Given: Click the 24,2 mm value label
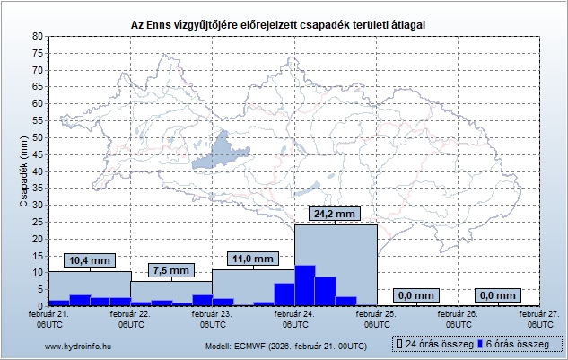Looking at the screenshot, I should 336,214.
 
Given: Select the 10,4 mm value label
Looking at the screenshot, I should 90,260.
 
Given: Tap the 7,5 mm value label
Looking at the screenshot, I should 170,270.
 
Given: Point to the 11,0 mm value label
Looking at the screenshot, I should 253,259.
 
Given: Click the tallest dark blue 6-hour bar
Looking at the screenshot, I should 305,285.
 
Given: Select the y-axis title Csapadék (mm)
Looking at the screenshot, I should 24,171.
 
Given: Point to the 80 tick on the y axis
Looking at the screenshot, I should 37,36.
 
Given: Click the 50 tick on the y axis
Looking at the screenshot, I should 37,137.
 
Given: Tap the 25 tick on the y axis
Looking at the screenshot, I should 37,222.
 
